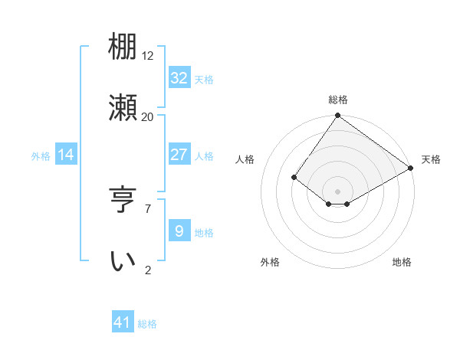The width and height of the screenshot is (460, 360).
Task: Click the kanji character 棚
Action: coord(123,47)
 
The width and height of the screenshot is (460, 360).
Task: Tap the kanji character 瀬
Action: coord(123,108)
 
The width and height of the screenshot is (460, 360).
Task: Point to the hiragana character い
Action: coord(123,261)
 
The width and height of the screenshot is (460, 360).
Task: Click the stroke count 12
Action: coord(148,56)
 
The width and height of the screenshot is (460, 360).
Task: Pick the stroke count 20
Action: coord(148,116)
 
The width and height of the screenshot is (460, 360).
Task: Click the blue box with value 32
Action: coord(179,78)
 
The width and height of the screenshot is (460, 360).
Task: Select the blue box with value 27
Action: coord(179,155)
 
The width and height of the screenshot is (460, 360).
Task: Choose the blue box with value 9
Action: coord(179,231)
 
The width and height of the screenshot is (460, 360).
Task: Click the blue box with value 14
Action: coord(66,155)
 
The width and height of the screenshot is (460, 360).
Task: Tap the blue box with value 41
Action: coord(123,323)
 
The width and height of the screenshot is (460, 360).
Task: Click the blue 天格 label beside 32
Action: coord(203,80)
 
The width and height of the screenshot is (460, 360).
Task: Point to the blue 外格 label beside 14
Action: coord(41,156)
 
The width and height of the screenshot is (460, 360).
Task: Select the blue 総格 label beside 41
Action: coord(147,324)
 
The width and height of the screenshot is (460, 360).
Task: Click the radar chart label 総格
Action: coord(337,100)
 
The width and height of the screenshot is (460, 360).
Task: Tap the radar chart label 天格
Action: coord(431,159)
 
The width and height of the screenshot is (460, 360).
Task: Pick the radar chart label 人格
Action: coord(245,159)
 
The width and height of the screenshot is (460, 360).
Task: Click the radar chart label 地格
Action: coord(402,262)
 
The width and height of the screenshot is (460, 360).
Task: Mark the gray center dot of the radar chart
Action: coord(337,191)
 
